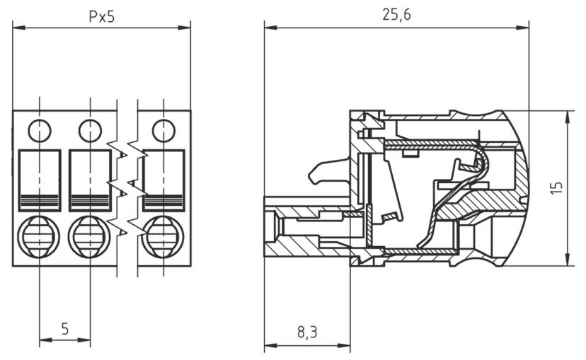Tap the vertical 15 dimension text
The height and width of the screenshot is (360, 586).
click(x=557, y=187)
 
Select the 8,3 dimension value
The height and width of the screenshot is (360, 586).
click(x=306, y=330)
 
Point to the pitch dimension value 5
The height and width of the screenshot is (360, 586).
click(x=64, y=328)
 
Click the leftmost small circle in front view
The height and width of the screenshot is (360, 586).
click(x=39, y=130)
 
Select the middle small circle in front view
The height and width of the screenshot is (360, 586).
click(x=90, y=130)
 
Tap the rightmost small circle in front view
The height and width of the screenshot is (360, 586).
click(x=163, y=130)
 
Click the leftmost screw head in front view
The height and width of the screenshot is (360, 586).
click(x=39, y=236)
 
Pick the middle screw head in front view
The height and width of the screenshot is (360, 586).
click(x=90, y=236)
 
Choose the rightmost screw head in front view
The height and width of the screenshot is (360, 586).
click(x=163, y=236)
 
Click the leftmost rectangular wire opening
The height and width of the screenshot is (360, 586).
click(x=39, y=180)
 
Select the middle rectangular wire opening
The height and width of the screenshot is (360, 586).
click(x=90, y=180)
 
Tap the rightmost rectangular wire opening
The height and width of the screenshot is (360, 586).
click(x=163, y=180)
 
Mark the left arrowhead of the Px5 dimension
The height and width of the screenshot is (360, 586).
click(x=17, y=28)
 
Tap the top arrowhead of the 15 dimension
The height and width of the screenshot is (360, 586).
click(x=570, y=115)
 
